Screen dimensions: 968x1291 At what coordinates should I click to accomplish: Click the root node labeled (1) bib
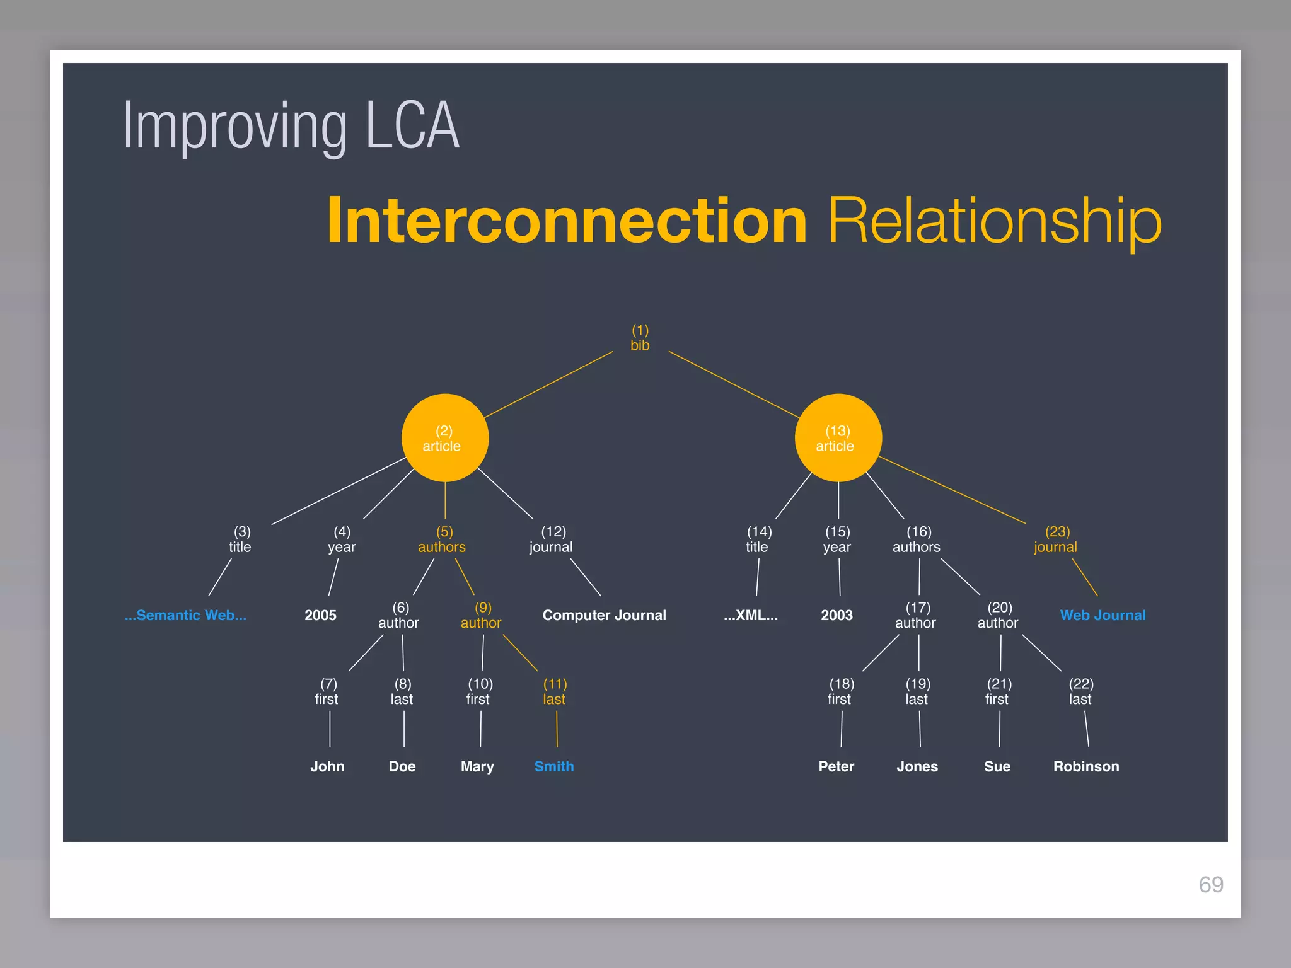coord(640,338)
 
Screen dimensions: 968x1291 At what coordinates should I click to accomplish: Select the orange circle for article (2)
coord(444,438)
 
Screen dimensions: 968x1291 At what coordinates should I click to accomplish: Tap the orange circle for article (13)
coord(838,438)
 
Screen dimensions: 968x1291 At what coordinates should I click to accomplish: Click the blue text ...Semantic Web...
coord(185,615)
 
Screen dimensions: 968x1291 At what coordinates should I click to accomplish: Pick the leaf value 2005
coord(320,615)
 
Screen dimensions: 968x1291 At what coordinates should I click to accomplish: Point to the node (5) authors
coord(442,539)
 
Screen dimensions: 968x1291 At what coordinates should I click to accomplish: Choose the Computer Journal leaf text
coord(604,615)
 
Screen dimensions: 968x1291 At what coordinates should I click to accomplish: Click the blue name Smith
coord(553,766)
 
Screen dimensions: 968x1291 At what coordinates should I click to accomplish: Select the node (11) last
coord(555,691)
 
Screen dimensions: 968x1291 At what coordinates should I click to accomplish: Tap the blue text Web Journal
coord(1103,615)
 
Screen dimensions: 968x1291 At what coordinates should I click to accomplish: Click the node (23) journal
coord(1056,539)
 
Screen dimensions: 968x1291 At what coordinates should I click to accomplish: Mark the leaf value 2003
coord(837,615)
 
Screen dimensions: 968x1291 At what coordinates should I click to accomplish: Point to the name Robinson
coord(1086,766)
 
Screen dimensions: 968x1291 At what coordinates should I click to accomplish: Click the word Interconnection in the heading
coord(566,221)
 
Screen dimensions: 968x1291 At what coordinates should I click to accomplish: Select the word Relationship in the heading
coord(995,221)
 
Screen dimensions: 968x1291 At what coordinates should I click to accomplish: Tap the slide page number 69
coord(1211,885)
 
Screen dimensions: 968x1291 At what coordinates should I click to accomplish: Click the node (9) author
coord(482,615)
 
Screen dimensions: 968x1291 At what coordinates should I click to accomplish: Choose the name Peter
coord(836,766)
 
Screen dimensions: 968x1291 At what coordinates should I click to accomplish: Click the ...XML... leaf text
coord(750,615)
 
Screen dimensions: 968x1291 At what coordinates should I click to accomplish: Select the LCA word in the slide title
coord(413,126)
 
